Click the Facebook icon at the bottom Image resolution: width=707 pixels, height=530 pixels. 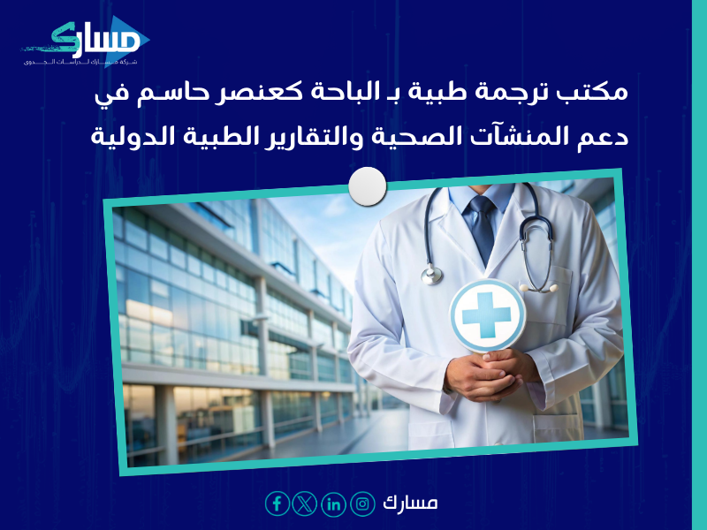[x=277, y=503]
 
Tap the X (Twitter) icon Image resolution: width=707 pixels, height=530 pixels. [x=306, y=503]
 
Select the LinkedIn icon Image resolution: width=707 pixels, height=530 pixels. [x=334, y=503]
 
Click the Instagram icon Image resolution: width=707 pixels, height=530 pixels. [x=362, y=503]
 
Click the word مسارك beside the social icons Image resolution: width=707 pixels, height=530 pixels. [x=410, y=503]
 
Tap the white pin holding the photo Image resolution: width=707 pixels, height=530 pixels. [x=368, y=186]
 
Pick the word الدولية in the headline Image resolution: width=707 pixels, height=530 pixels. [x=133, y=138]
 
